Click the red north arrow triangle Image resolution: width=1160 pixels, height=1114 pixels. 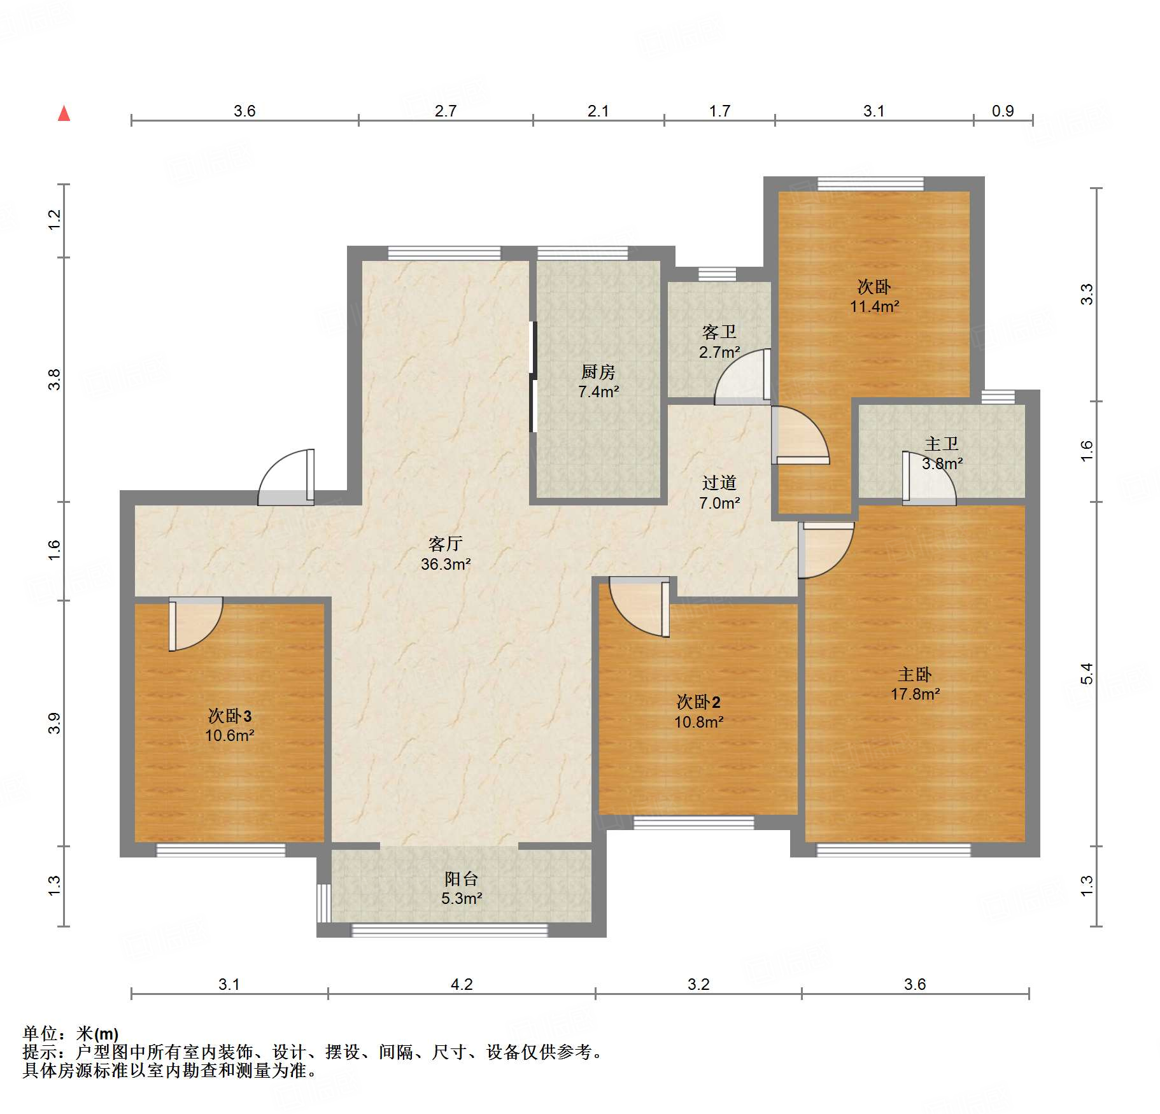tap(64, 114)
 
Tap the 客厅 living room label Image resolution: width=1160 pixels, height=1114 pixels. tap(445, 544)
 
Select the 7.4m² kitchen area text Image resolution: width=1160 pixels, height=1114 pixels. tap(598, 392)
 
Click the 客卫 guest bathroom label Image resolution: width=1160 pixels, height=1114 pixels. tap(719, 332)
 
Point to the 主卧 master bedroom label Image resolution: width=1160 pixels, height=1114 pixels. tap(915, 674)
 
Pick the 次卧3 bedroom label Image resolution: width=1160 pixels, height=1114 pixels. tap(230, 716)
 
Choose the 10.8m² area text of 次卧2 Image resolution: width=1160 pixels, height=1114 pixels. tap(698, 723)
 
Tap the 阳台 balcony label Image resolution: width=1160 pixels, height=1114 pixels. tap(462, 879)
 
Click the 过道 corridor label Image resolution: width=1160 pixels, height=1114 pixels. tap(719, 483)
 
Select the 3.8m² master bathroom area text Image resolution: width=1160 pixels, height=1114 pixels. tap(942, 464)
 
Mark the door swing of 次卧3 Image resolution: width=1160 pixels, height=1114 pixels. tap(195, 624)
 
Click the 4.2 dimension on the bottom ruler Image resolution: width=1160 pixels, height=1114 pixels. tap(462, 985)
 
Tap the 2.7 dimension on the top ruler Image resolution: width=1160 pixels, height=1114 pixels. tap(445, 111)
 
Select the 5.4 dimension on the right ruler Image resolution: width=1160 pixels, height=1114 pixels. tap(1086, 673)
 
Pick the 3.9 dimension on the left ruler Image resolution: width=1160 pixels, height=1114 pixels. tap(55, 723)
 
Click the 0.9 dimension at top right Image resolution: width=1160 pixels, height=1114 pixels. tap(1002, 111)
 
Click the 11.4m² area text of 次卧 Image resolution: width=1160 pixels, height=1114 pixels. tap(874, 307)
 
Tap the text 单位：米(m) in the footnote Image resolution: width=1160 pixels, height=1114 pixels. tap(71, 1034)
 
